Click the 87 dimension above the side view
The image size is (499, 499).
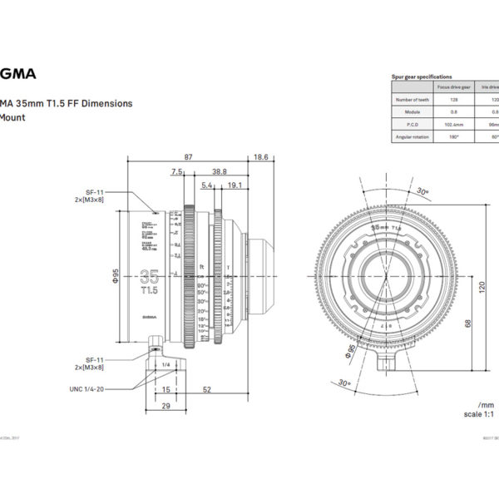[x=188, y=156]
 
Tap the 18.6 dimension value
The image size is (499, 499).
[x=260, y=156]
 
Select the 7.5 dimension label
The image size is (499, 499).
[x=176, y=171]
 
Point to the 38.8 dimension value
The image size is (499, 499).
[x=219, y=171]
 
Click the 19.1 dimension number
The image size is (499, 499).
[x=234, y=185]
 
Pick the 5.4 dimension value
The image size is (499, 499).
[x=207, y=185]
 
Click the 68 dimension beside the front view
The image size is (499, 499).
[x=467, y=324]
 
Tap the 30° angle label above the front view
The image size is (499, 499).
[x=423, y=192]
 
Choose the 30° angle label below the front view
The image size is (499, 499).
[x=344, y=385]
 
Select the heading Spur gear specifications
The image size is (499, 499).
[x=422, y=77]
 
